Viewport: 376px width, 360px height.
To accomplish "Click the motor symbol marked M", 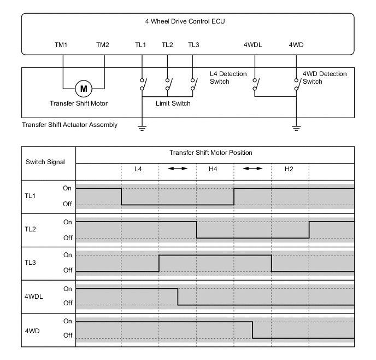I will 84,88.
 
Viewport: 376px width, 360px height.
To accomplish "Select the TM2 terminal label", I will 103,45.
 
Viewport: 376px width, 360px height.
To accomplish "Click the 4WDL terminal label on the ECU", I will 253,45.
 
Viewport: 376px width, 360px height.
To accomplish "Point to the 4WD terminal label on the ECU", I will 297,45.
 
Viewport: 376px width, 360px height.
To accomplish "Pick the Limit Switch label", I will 173,103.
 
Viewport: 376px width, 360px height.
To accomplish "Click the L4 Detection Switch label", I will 228,78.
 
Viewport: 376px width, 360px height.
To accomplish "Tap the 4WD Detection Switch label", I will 324,78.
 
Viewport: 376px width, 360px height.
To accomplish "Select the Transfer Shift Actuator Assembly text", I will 69,125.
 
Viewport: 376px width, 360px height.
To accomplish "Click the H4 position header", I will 214,169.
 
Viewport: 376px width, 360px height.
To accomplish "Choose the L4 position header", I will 139,169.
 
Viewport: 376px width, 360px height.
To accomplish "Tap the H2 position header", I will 289,169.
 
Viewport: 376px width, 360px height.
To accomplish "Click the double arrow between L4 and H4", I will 177,169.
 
